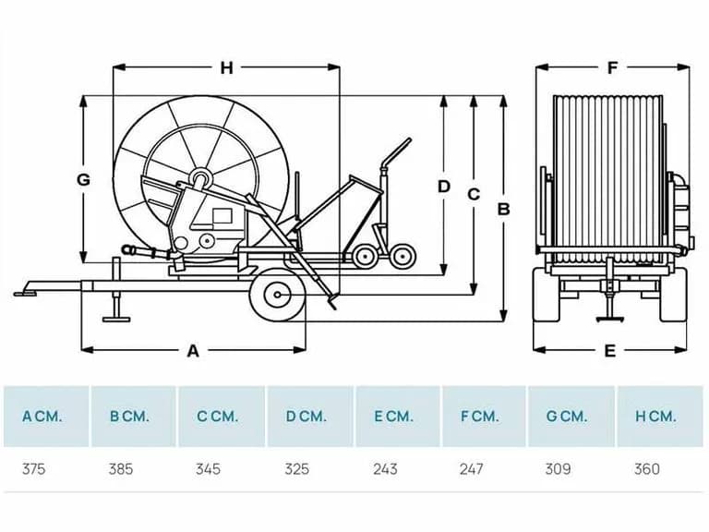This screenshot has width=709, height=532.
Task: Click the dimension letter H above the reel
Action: click(226, 67)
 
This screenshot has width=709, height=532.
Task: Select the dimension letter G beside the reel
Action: click(83, 179)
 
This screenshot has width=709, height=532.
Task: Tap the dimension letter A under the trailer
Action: click(193, 351)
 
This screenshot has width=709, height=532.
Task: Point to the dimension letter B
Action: click(504, 210)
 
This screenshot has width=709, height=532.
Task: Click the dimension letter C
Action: click(474, 194)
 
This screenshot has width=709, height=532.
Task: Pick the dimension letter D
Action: click(444, 187)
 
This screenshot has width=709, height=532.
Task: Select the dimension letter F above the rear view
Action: click(612, 67)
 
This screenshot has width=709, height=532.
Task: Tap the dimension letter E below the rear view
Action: click(610, 351)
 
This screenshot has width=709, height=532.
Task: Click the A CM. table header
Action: click(42, 417)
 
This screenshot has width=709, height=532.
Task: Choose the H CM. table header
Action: click(655, 417)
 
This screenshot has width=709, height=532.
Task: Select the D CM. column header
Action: click(306, 417)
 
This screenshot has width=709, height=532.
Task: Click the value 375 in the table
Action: click(34, 468)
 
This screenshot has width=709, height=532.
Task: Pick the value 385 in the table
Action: click(121, 468)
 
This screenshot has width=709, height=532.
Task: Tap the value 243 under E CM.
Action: click(385, 468)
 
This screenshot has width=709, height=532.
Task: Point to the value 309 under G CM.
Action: click(558, 468)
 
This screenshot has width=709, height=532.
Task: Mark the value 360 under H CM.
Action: click(647, 468)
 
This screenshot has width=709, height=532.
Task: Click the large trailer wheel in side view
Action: click(278, 295)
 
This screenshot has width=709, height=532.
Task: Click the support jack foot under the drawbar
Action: click(116, 320)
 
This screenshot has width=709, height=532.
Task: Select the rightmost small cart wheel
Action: click(403, 257)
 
